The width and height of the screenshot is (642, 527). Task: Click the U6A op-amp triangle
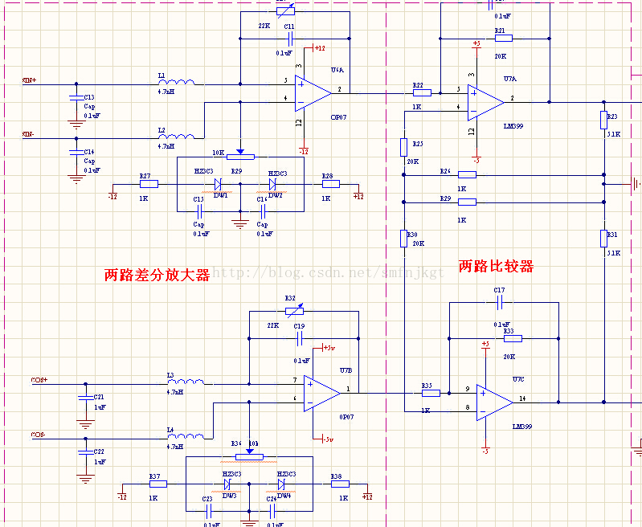pyautogui.click(x=312, y=92)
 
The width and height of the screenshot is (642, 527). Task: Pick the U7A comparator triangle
pyautogui.click(x=485, y=101)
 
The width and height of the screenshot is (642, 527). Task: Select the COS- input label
pyautogui.click(x=39, y=435)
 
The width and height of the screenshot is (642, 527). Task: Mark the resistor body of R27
pyautogui.click(x=149, y=184)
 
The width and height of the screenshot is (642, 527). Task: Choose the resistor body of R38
pyautogui.click(x=340, y=484)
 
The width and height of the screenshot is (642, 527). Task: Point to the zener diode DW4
pyautogui.click(x=282, y=484)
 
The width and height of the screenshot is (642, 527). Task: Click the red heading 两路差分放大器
pyautogui.click(x=157, y=275)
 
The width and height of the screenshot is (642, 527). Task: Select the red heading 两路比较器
pyautogui.click(x=496, y=266)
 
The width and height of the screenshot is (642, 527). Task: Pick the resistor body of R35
pyautogui.click(x=431, y=393)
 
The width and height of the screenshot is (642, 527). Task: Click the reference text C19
pyautogui.click(x=299, y=326)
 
